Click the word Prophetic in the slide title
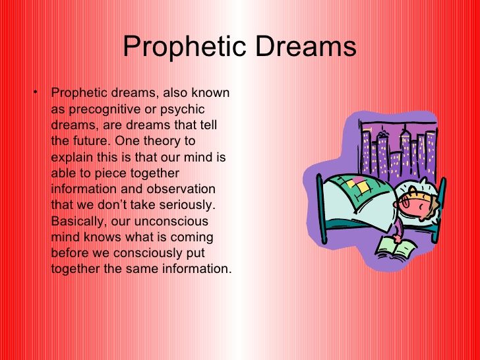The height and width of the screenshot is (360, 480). tap(185, 47)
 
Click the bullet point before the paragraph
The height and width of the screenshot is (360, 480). tap(36, 91)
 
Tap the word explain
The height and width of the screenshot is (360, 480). tap(72, 158)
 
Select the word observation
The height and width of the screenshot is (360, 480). tap(181, 189)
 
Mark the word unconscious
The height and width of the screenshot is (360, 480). tap(171, 222)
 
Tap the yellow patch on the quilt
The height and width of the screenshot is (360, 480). tap(362, 187)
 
